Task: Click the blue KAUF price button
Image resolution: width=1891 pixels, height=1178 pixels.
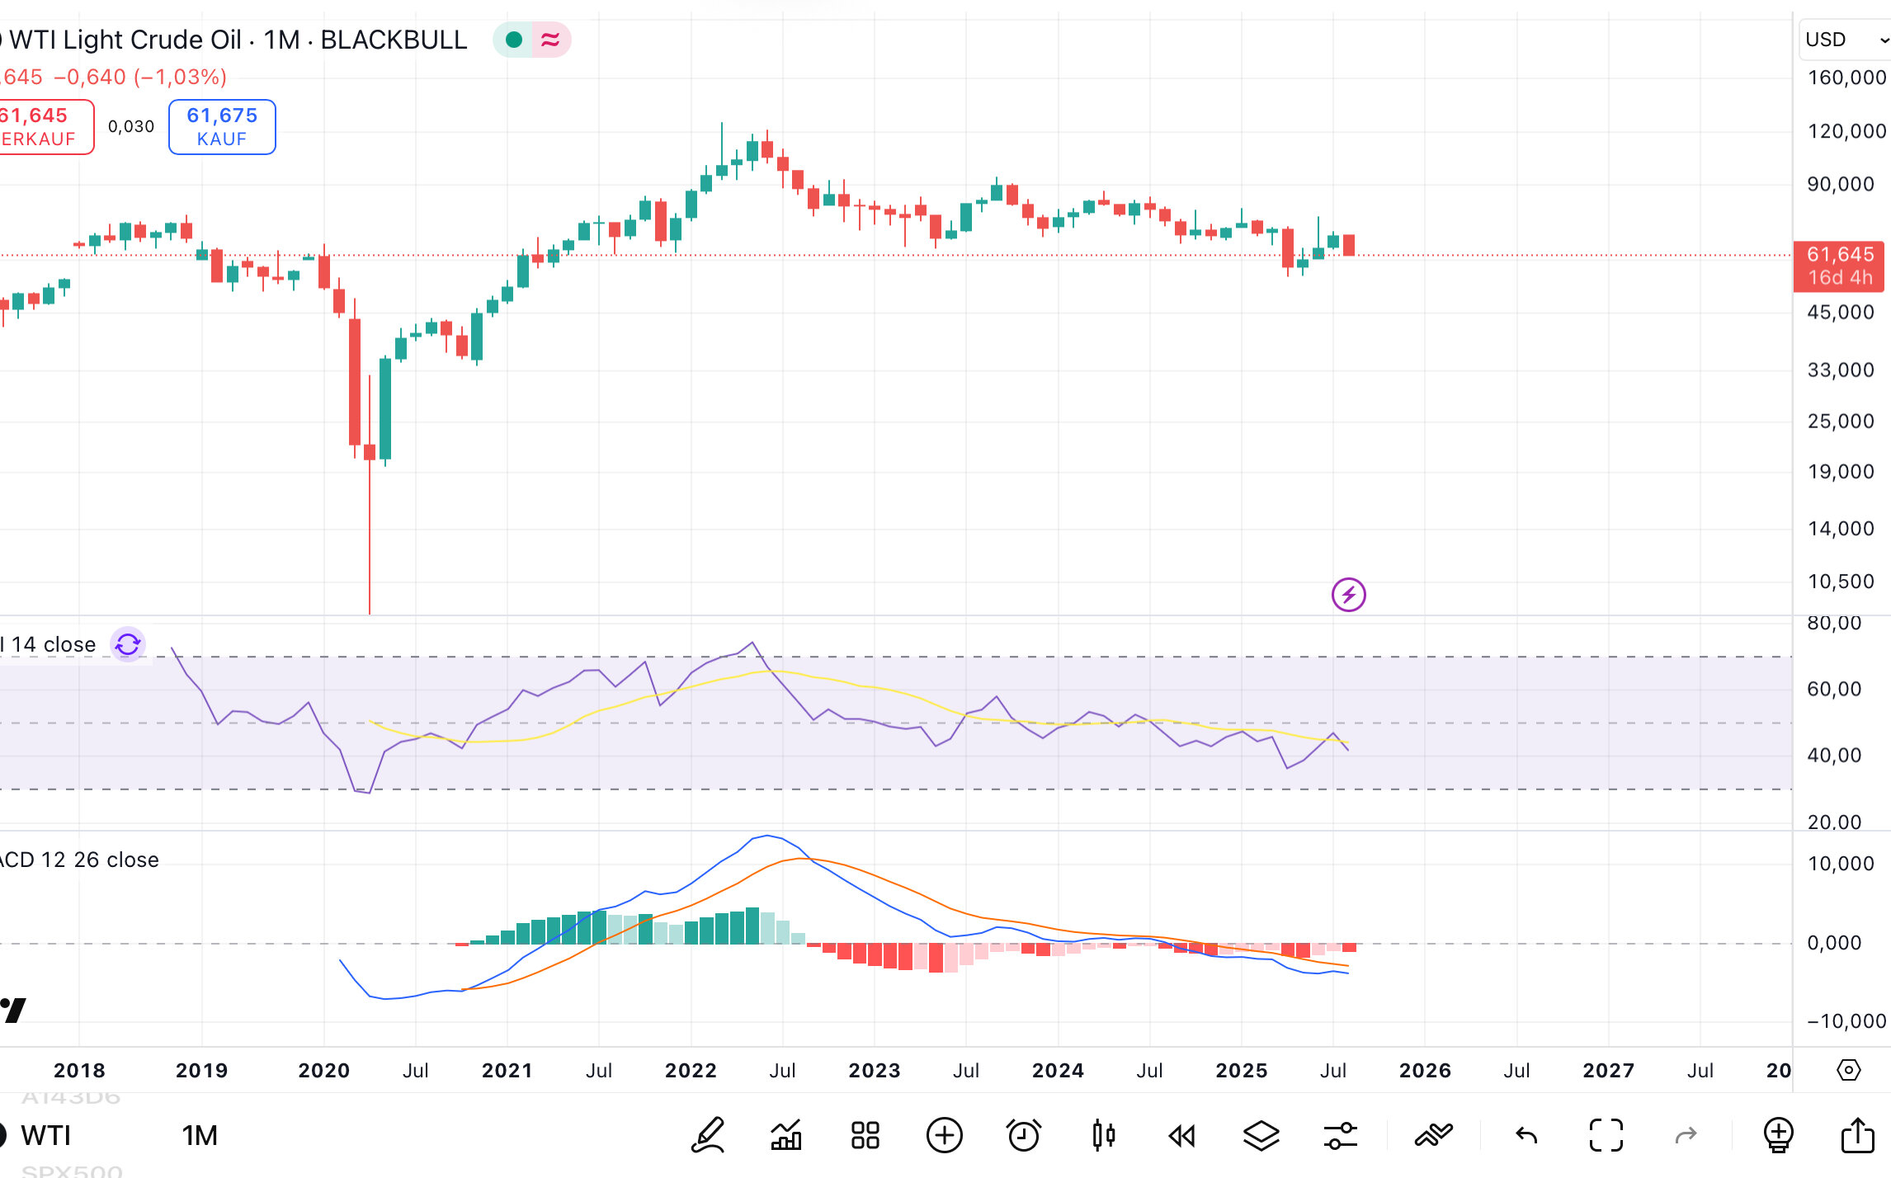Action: tap(222, 126)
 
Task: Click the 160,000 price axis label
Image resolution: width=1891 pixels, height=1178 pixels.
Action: tap(1846, 78)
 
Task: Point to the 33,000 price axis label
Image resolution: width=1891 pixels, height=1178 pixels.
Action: tap(1840, 370)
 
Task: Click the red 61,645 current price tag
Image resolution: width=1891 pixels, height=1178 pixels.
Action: tap(1838, 266)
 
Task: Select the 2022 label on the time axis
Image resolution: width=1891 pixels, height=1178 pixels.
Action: tap(691, 1070)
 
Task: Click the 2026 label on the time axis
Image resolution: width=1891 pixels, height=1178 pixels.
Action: tap(1425, 1070)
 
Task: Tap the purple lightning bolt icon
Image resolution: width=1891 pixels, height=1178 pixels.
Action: tap(1348, 594)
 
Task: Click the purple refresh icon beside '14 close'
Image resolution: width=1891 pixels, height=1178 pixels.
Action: tap(128, 644)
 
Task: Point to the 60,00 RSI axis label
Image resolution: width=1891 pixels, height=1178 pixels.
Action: tap(1833, 689)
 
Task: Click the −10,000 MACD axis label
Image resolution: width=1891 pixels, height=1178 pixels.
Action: tap(1846, 1021)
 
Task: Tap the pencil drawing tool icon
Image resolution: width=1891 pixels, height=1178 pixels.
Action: tap(708, 1135)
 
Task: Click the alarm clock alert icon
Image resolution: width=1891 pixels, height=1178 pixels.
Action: tap(1024, 1135)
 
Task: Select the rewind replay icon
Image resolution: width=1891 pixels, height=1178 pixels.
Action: tap(1181, 1136)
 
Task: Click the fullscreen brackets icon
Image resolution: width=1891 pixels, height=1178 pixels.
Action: tap(1606, 1135)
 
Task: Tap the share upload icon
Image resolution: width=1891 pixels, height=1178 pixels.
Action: tap(1857, 1135)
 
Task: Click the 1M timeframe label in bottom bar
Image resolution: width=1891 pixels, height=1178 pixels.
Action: tap(200, 1135)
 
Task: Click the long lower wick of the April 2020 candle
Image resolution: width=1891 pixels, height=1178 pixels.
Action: tap(370, 536)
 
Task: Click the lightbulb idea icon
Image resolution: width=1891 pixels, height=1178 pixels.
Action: tap(1778, 1135)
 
